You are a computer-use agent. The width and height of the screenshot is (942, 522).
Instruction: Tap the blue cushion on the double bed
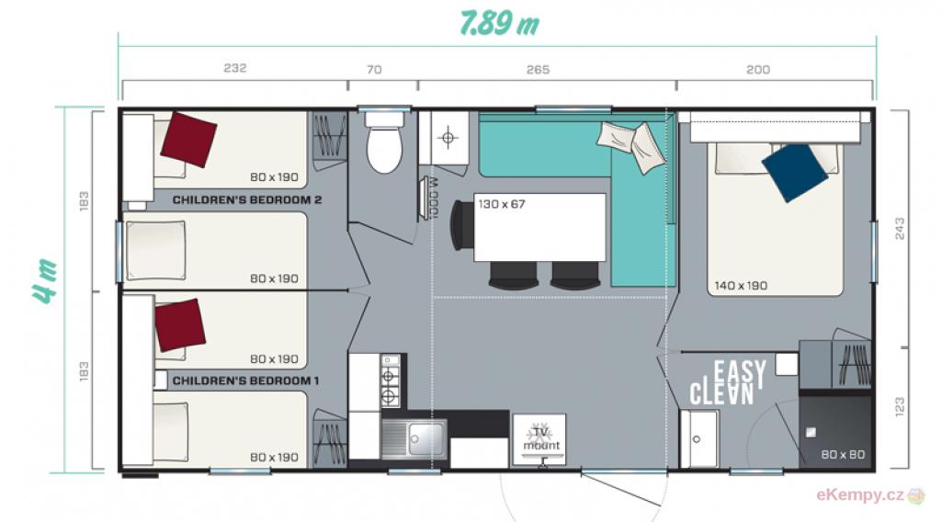point(795,173)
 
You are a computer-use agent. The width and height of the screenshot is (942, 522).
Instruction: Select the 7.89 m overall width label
point(499,23)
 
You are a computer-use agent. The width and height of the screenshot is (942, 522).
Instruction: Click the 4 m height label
point(46,280)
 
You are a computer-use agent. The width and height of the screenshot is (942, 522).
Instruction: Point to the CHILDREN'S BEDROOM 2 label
point(247,199)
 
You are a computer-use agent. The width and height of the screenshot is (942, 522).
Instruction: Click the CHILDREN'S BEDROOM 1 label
point(245,380)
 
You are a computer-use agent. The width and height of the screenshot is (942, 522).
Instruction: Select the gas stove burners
point(390,380)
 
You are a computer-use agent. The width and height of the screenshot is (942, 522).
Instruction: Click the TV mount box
point(539,439)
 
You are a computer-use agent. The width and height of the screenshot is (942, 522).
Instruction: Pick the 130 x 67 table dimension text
point(502,204)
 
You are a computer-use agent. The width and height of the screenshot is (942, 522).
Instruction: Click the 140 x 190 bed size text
point(741,286)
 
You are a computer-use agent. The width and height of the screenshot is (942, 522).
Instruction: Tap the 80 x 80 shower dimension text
point(843,455)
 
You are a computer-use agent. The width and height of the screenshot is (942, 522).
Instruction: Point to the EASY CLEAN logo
point(728,382)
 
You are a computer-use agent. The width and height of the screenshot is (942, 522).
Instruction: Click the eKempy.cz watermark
point(860,495)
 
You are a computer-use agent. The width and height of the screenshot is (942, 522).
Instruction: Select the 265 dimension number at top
point(538,70)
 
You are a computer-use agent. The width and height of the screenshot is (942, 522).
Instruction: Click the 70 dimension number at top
point(374,70)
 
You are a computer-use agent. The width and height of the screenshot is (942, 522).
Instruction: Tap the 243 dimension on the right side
point(900,229)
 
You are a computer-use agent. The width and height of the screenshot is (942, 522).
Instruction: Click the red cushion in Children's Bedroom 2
point(188,140)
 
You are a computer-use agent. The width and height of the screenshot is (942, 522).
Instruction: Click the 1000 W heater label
point(435,198)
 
